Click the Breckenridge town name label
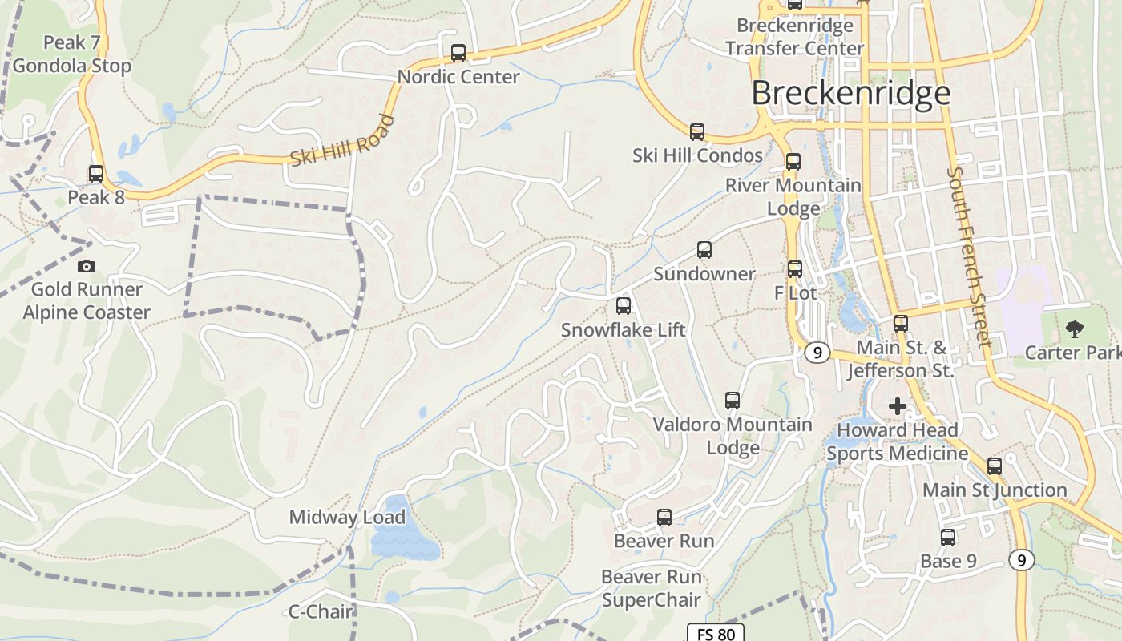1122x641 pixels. pyautogui.click(x=850, y=93)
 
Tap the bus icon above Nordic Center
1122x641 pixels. pyautogui.click(x=458, y=53)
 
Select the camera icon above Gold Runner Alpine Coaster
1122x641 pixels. pyautogui.click(x=86, y=266)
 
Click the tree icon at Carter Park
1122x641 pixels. pyautogui.click(x=1074, y=329)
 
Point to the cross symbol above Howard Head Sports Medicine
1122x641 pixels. pyautogui.click(x=898, y=406)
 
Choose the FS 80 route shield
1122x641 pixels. pyautogui.click(x=716, y=634)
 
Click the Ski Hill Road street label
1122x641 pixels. pyautogui.click(x=343, y=141)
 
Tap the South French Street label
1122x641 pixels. pyautogui.click(x=968, y=256)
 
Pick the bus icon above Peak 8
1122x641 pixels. pyautogui.click(x=96, y=173)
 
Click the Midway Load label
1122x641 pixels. pyautogui.click(x=347, y=517)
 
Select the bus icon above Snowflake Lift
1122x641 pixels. pyautogui.click(x=624, y=305)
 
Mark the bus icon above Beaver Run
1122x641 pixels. pyautogui.click(x=664, y=517)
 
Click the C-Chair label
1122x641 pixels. pyautogui.click(x=320, y=611)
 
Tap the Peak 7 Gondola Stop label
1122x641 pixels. pyautogui.click(x=72, y=54)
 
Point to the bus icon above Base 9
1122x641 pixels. pyautogui.click(x=948, y=537)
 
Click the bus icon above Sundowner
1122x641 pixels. pyautogui.click(x=704, y=249)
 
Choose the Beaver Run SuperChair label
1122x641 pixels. pyautogui.click(x=651, y=588)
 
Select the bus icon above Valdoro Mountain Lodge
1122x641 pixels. pyautogui.click(x=733, y=400)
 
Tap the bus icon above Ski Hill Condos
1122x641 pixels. pyautogui.click(x=697, y=131)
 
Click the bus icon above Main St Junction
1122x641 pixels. pyautogui.click(x=995, y=466)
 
